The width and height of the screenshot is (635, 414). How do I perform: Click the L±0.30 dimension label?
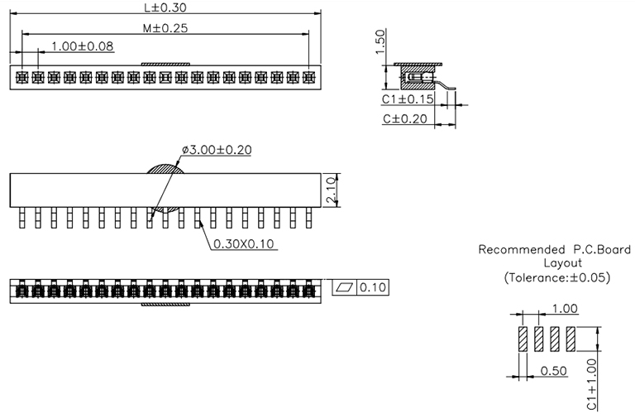click(165, 7)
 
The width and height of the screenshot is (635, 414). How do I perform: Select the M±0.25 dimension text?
click(165, 28)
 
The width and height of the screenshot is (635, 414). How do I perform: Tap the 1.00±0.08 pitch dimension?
click(83, 46)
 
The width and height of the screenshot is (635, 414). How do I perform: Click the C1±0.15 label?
click(408, 99)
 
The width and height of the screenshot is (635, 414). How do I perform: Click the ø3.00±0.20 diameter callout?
click(217, 150)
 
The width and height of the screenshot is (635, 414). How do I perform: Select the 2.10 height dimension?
click(331, 189)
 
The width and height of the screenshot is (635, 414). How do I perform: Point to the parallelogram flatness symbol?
click(343, 286)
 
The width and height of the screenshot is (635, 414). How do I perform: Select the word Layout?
click(556, 263)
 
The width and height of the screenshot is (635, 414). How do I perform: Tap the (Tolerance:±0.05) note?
click(556, 278)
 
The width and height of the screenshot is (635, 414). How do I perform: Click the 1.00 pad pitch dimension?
click(565, 309)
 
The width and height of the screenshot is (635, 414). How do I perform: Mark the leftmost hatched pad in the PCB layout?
click(523, 339)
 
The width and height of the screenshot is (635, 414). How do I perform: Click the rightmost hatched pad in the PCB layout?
click(570, 339)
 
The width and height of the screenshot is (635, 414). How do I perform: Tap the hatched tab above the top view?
click(166, 63)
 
